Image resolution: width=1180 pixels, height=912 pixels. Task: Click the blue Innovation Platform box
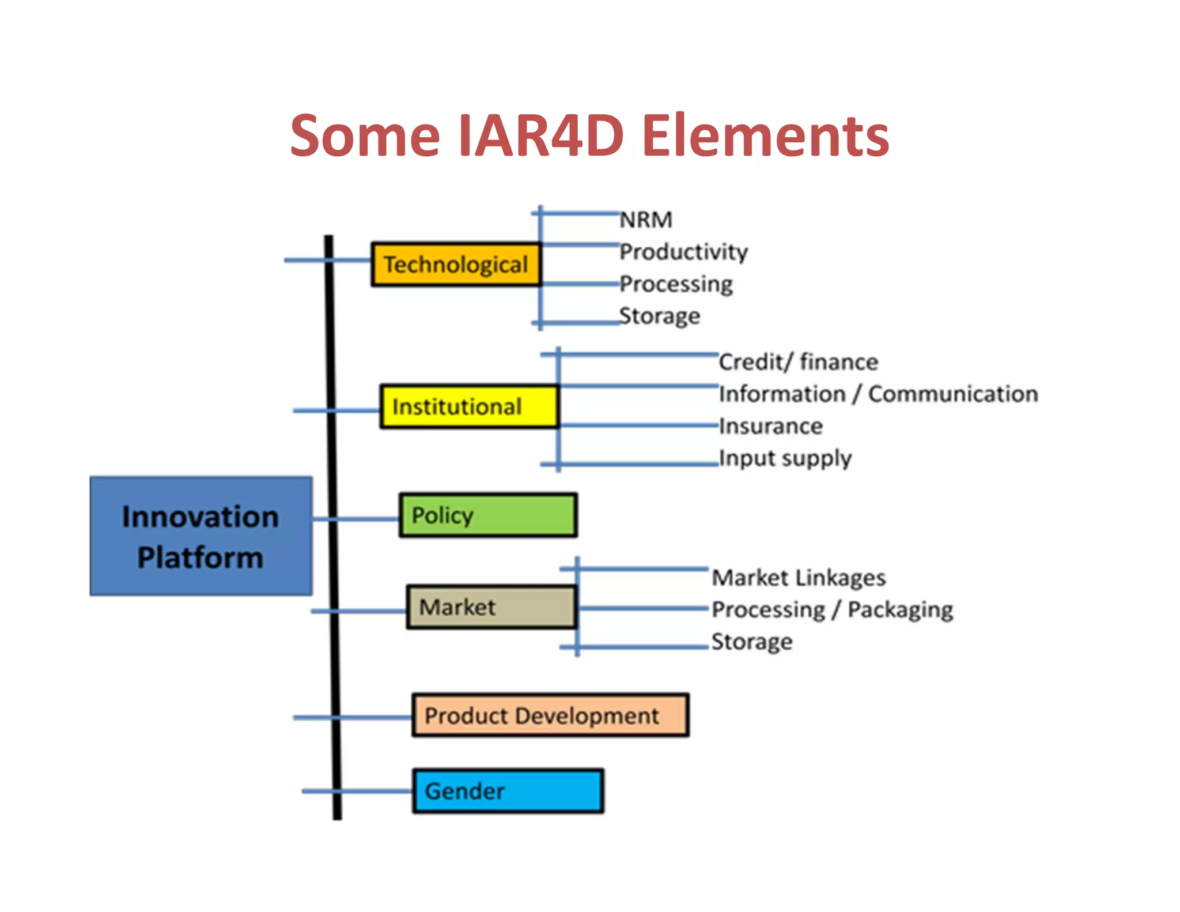coord(201,536)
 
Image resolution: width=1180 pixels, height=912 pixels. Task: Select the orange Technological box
coord(456,265)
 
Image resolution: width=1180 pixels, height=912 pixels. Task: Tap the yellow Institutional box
coord(469,406)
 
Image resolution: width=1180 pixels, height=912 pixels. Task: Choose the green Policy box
coord(488,515)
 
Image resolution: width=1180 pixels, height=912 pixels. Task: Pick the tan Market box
coord(491,607)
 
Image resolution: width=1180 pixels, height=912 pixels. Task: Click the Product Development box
coord(550,715)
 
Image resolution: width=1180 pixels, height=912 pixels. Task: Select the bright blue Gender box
coord(508,791)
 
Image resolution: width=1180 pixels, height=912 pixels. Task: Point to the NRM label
coord(646,220)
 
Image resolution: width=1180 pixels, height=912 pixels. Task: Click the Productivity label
coord(684,252)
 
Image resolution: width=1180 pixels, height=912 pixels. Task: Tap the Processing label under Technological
coord(676,284)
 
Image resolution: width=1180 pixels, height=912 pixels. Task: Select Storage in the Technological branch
coord(660,316)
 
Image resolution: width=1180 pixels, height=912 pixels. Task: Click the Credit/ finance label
coord(799,362)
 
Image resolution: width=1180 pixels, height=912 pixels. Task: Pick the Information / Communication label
coord(878,394)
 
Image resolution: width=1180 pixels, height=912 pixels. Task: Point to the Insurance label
coord(771,427)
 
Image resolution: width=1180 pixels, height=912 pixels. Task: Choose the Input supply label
coord(785,459)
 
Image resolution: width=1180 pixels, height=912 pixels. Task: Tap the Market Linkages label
coord(799,578)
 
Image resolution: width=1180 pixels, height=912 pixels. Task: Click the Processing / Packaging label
coord(832,610)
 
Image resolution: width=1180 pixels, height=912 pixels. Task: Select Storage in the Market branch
coord(752,642)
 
